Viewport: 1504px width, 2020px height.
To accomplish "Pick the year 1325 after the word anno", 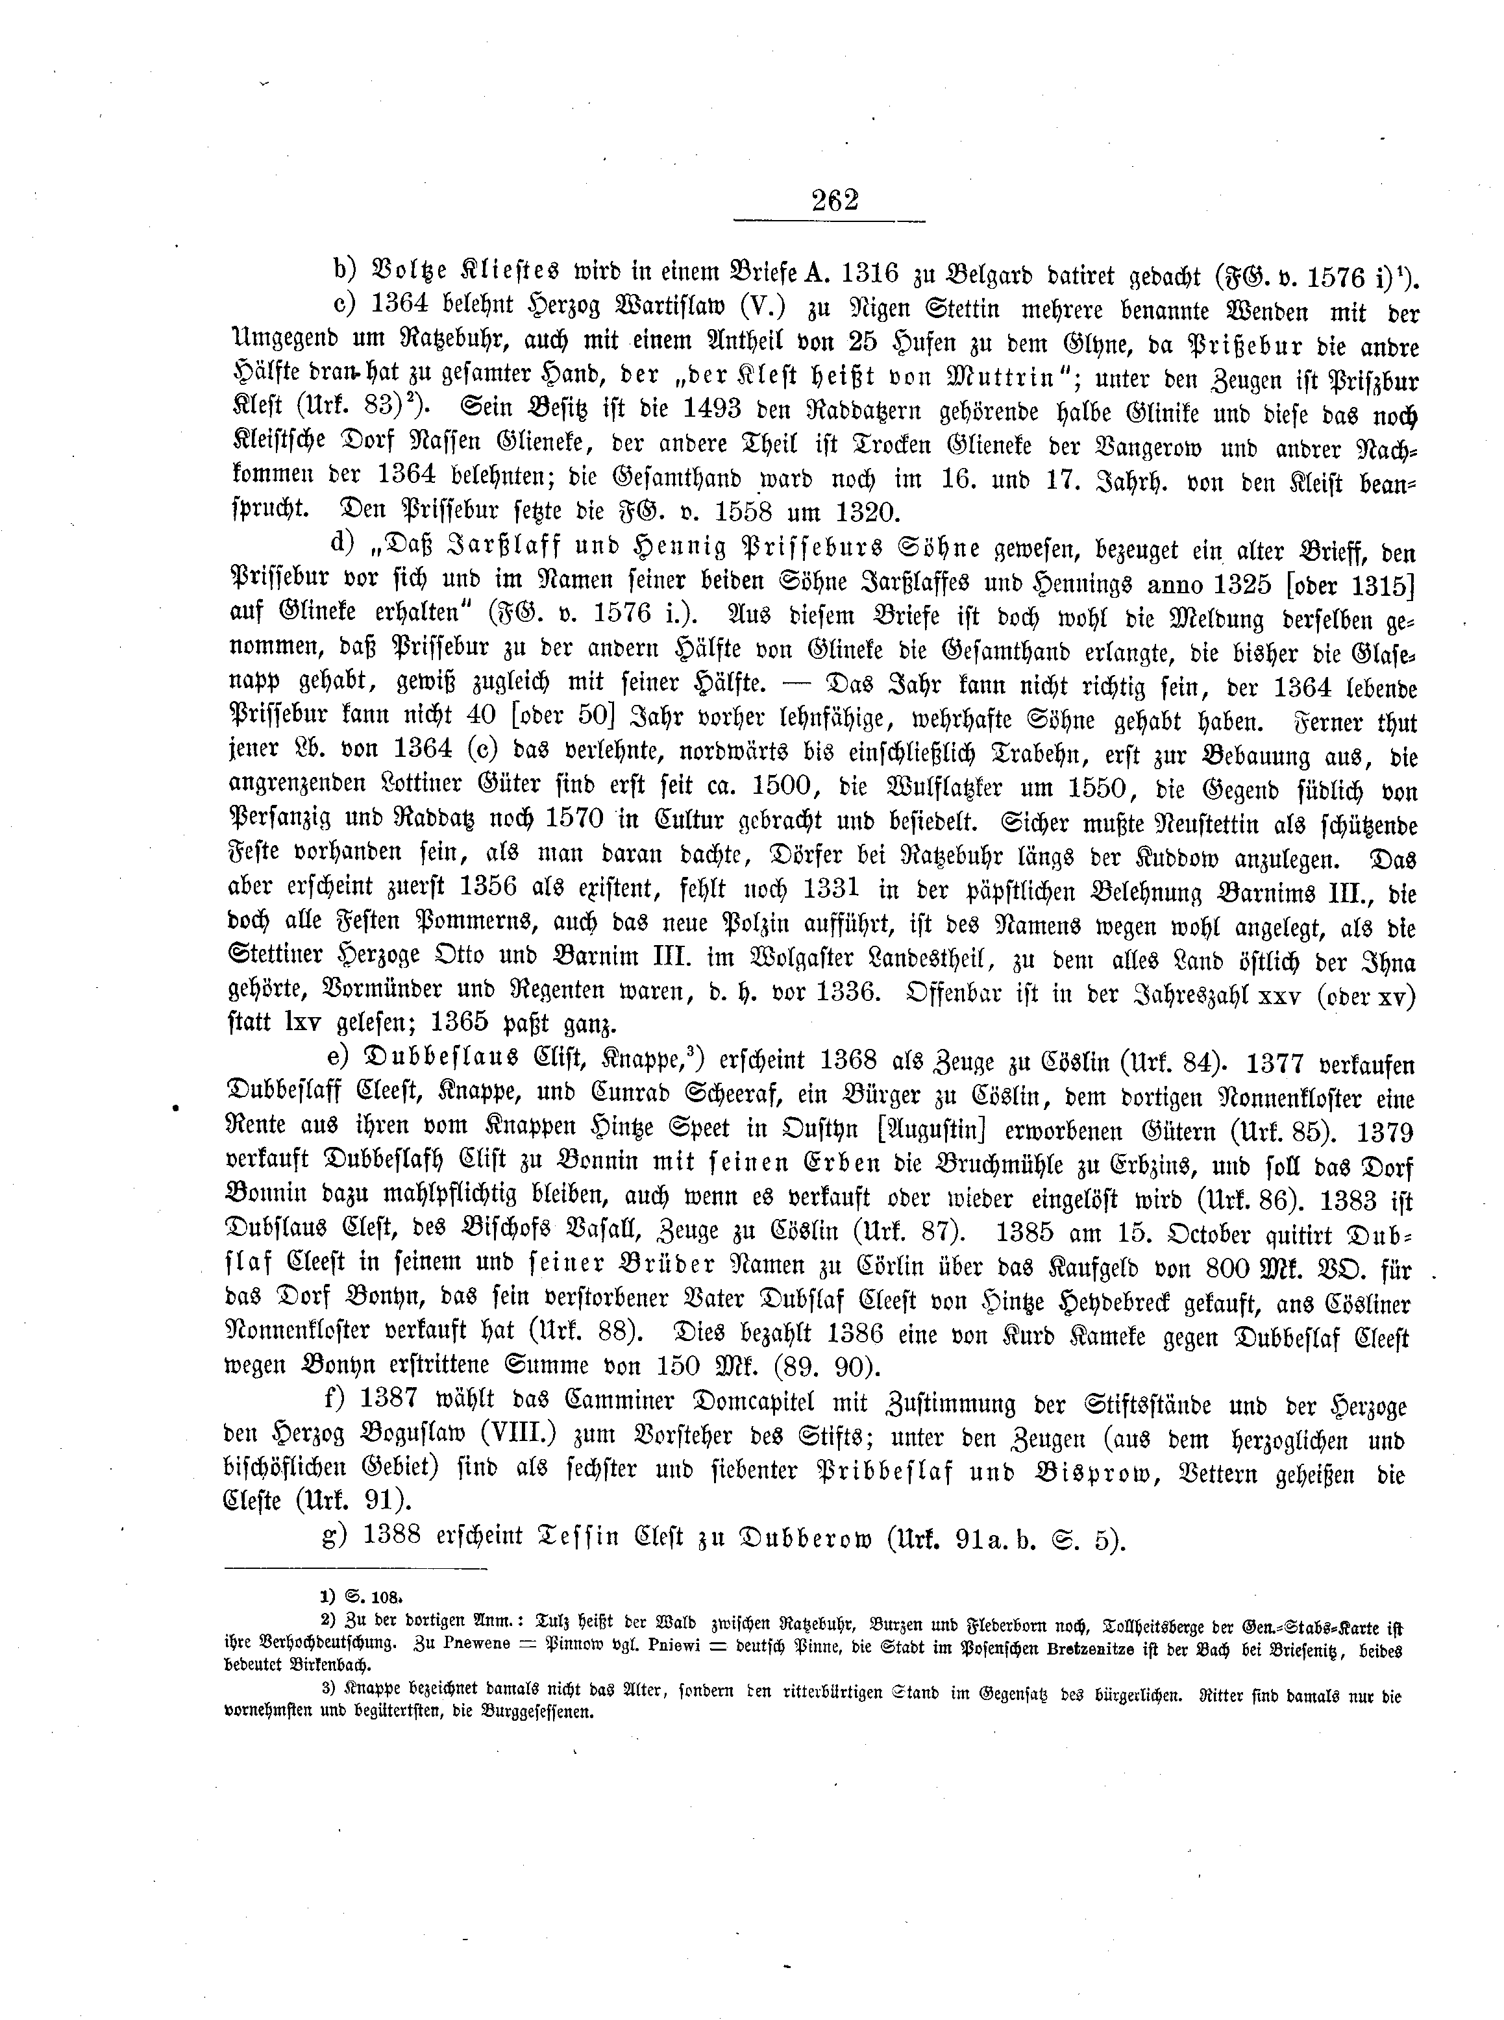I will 1230,584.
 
